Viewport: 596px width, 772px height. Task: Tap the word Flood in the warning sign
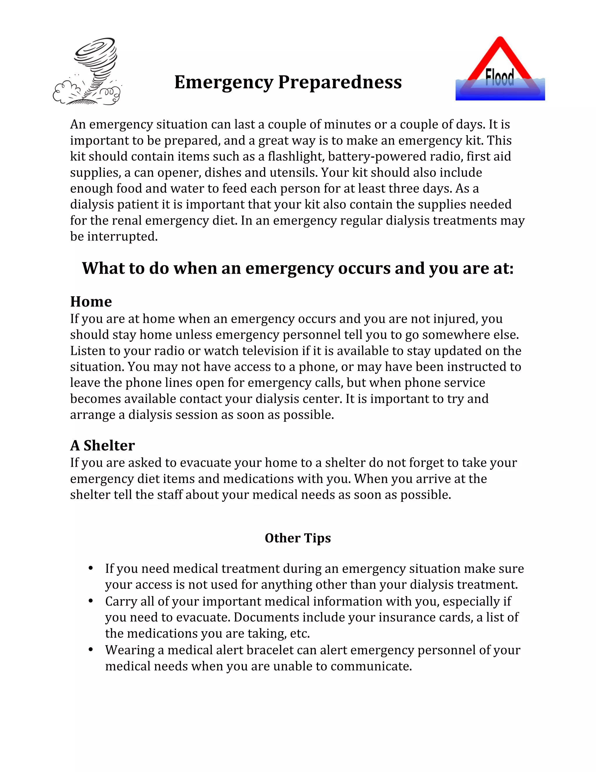click(x=500, y=77)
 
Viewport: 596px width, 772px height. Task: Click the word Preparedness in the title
click(x=340, y=82)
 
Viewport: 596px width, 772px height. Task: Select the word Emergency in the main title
click(x=224, y=82)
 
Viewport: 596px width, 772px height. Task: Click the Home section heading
click(x=91, y=302)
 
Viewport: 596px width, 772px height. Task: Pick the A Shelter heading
click(x=102, y=445)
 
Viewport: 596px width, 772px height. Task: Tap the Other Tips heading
click(x=298, y=538)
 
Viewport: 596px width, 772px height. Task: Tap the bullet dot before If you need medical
click(x=91, y=568)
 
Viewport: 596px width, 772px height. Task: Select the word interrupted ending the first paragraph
click(x=122, y=236)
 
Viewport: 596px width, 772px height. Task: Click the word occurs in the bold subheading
click(x=364, y=268)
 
